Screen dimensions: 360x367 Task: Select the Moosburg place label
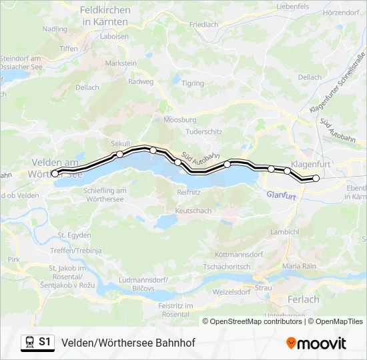pyautogui.click(x=180, y=120)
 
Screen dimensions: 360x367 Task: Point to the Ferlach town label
pyautogui.click(x=303, y=299)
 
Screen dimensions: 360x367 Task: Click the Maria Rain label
pyautogui.click(x=298, y=266)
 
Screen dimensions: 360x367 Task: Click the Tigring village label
pyautogui.click(x=193, y=83)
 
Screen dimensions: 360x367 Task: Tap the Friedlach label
pyautogui.click(x=204, y=25)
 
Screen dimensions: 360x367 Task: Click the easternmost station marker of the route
pyautogui.click(x=316, y=178)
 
